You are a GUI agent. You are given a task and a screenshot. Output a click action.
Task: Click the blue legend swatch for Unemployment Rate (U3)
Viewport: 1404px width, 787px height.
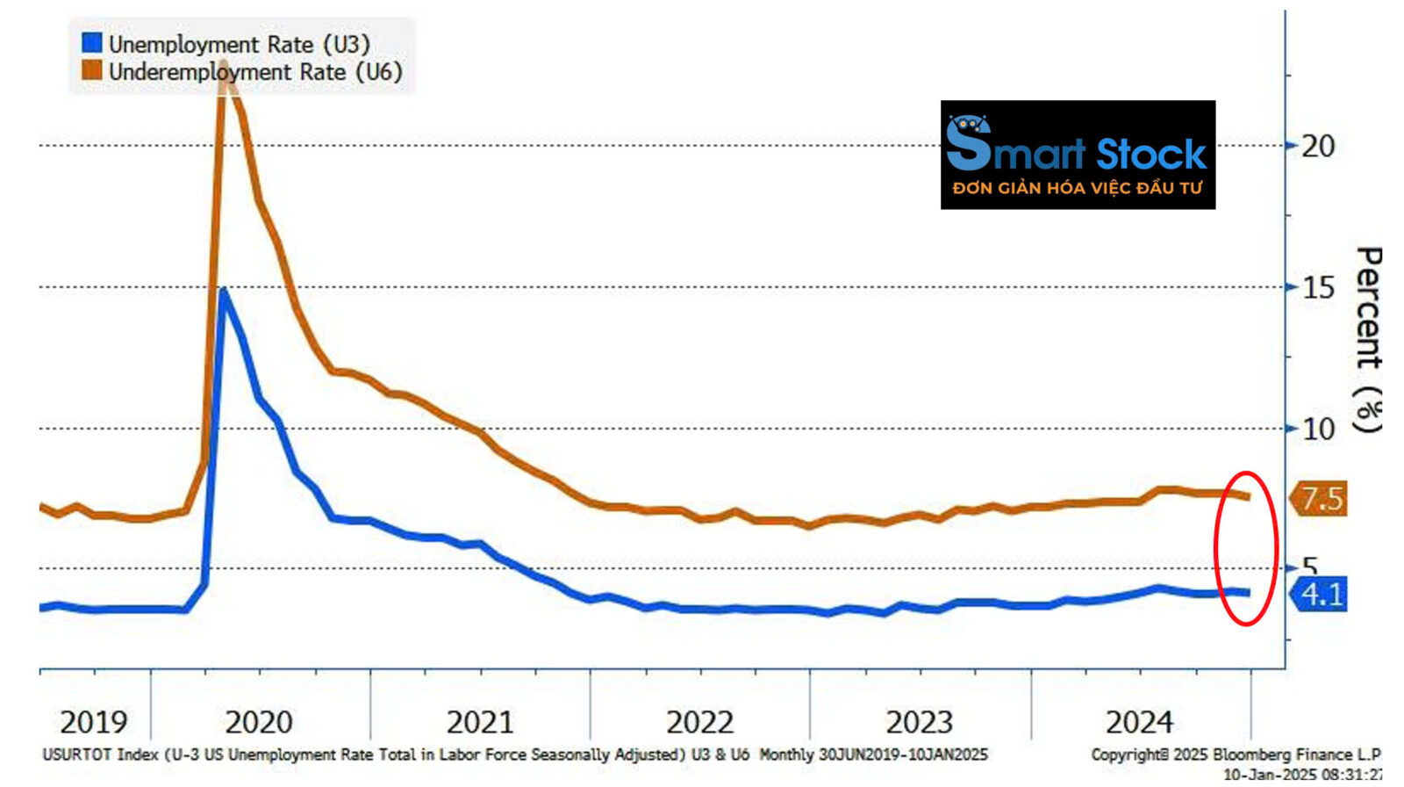click(x=91, y=43)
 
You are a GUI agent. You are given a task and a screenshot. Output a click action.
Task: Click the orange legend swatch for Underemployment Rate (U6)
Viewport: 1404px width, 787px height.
click(x=91, y=71)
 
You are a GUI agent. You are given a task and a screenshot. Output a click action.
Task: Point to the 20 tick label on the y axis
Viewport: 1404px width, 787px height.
click(x=1317, y=146)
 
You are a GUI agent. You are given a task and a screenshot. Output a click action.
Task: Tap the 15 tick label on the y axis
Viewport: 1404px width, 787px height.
click(x=1317, y=287)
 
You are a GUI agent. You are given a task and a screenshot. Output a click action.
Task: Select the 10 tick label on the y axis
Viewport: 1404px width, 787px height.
click(x=1317, y=429)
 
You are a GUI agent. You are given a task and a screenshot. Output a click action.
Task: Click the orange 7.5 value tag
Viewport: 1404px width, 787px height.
click(x=1320, y=499)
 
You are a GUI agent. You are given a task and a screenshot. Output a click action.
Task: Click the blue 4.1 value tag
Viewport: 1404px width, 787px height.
click(x=1320, y=595)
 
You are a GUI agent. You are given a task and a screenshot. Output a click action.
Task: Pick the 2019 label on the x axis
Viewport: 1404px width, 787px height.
click(x=93, y=723)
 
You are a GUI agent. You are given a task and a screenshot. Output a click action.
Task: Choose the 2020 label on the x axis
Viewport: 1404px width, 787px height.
click(x=259, y=723)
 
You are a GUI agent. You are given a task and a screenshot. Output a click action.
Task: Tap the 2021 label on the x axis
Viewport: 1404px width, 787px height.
click(x=479, y=723)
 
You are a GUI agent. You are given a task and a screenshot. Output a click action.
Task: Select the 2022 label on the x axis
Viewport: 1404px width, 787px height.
click(x=699, y=723)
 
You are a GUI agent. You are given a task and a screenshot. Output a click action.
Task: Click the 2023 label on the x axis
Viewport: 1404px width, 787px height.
click(x=919, y=723)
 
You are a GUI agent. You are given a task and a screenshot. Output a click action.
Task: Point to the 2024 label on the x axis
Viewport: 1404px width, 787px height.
click(x=1139, y=723)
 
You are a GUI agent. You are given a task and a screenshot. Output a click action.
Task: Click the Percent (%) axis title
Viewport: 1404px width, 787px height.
click(x=1368, y=339)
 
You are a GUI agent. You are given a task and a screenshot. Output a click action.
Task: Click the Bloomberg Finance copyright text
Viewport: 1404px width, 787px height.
click(x=1235, y=755)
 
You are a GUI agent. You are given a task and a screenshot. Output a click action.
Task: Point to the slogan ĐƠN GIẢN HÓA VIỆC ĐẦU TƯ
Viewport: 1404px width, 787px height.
click(x=1077, y=188)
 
